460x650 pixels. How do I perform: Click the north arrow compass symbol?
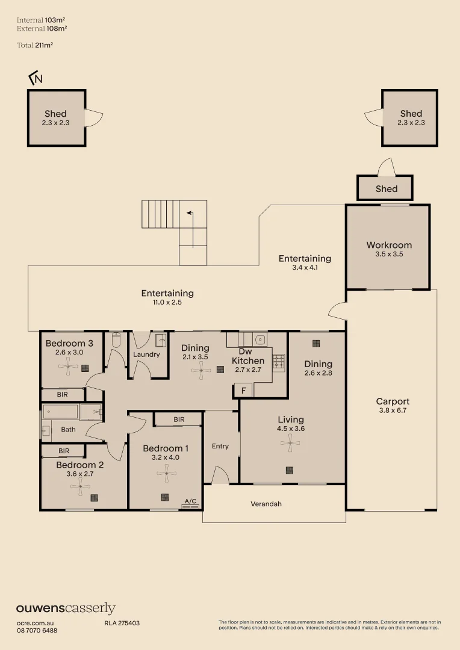click(36, 78)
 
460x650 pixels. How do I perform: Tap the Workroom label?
click(389, 245)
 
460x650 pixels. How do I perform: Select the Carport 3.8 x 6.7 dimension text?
click(393, 410)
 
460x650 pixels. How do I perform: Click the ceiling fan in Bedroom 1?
click(166, 473)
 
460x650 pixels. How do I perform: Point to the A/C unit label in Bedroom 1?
click(190, 501)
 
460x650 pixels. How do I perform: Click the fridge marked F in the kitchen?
click(243, 391)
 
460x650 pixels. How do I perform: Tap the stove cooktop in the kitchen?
click(279, 363)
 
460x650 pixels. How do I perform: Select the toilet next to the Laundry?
click(116, 340)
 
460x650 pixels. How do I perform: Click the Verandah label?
click(266, 504)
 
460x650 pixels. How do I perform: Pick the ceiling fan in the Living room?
click(290, 443)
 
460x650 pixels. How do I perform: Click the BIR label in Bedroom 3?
click(62, 394)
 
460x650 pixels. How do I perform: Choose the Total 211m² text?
click(35, 45)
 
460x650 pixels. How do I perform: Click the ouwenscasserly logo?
click(66, 608)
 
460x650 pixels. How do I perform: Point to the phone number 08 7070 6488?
click(37, 631)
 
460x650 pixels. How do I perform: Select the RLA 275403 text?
click(122, 623)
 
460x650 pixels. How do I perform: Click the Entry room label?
click(220, 446)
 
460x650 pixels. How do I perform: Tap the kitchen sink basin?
click(260, 339)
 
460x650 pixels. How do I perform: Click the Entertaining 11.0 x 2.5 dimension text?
click(167, 302)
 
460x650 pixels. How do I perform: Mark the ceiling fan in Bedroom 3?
click(68, 367)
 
